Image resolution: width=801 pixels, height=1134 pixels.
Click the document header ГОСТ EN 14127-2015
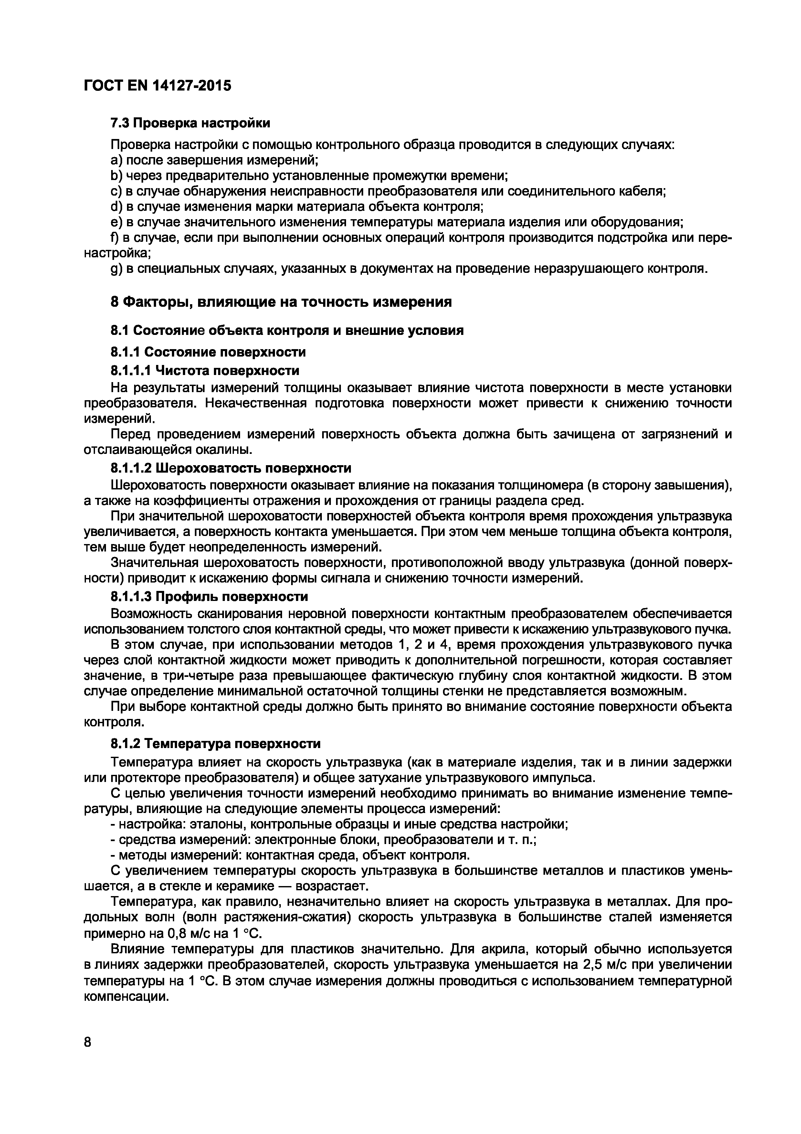click(157, 86)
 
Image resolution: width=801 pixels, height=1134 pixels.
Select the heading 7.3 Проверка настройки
click(190, 123)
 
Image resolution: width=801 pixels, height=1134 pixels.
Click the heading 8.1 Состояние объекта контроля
click(286, 330)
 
